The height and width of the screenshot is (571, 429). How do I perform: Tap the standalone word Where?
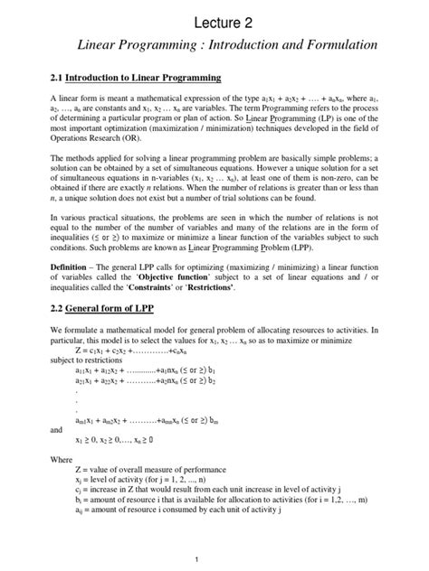61,460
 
